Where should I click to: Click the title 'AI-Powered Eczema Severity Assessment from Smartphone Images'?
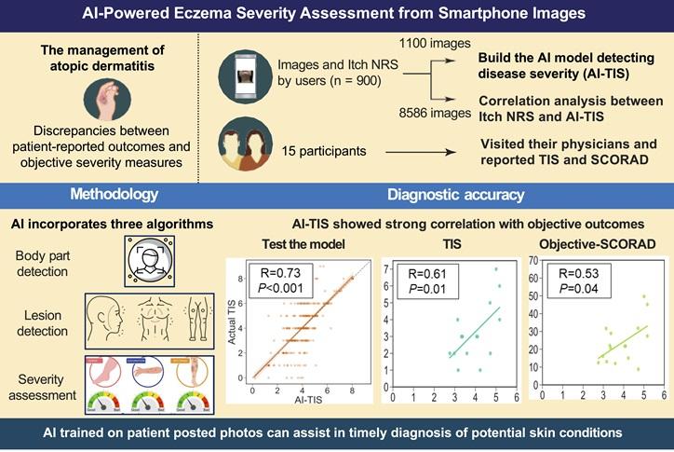(336, 16)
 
